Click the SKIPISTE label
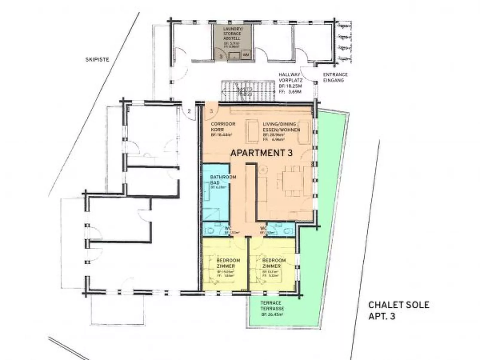click(97, 59)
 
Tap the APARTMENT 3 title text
click(261, 153)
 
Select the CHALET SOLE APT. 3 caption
click(398, 310)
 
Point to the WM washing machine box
click(246, 55)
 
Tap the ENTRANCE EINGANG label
click(335, 77)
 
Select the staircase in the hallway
click(248, 91)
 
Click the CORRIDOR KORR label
click(223, 127)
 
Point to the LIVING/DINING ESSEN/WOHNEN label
click(281, 127)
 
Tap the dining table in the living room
click(289, 180)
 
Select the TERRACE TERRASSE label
click(272, 305)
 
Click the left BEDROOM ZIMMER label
click(228, 263)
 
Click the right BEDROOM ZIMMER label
click(274, 263)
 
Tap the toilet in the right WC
click(288, 231)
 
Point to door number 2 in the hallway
click(189, 111)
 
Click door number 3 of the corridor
click(211, 111)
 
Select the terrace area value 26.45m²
click(272, 315)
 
